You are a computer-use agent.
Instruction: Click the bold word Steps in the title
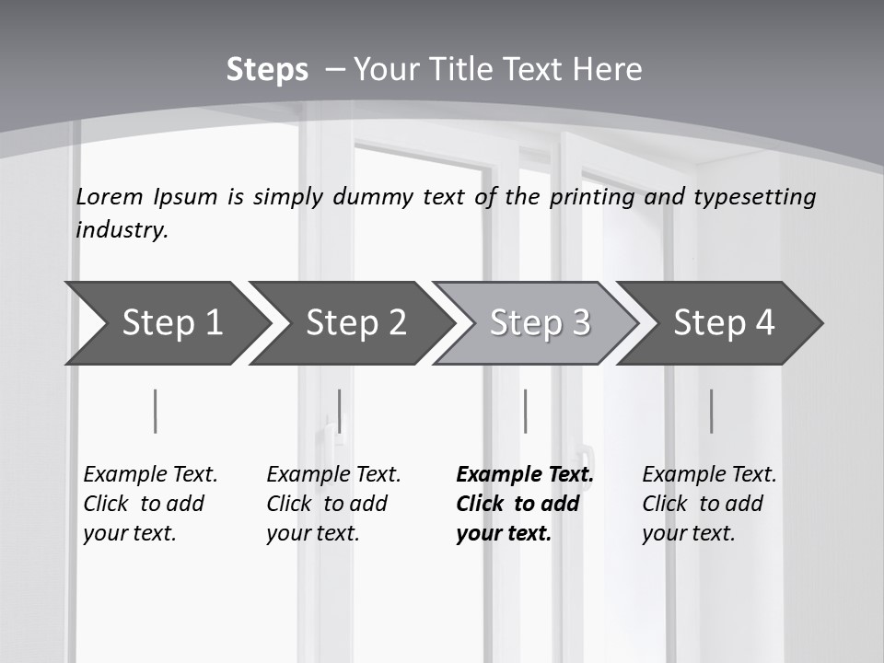[267, 70]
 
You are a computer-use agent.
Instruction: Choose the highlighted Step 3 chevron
[540, 323]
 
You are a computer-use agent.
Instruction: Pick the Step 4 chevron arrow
[724, 323]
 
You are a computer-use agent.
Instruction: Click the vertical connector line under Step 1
[156, 411]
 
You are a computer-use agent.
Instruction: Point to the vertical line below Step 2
[340, 411]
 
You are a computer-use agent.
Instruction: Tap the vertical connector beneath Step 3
[525, 411]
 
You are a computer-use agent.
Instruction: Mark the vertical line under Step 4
[711, 411]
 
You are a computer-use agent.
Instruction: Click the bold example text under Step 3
[525, 504]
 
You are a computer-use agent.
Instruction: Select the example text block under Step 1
[150, 504]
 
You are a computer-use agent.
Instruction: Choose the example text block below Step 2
[333, 504]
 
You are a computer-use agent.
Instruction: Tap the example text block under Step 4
[709, 504]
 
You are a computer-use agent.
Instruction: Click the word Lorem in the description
[110, 196]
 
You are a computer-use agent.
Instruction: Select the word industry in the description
[122, 229]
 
